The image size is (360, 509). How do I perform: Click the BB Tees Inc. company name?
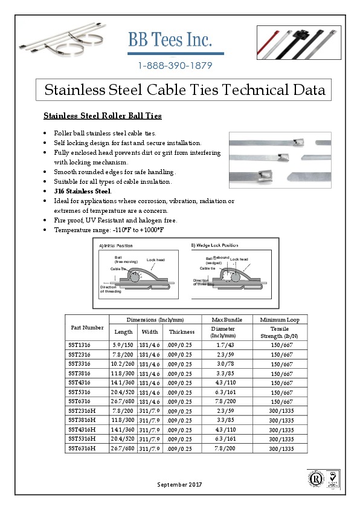(170, 40)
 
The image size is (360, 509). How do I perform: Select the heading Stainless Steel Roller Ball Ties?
(102, 115)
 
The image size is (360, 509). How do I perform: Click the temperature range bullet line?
(109, 230)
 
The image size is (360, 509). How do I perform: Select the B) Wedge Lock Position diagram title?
(214, 245)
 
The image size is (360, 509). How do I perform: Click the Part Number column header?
(87, 327)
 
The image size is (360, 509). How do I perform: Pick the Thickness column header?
(182, 332)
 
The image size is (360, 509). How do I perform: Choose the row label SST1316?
(80, 345)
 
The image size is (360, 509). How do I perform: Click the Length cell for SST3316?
(123, 364)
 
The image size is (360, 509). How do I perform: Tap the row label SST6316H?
(82, 448)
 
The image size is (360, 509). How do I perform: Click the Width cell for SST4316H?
(149, 429)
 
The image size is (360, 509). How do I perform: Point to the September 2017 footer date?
(179, 485)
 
